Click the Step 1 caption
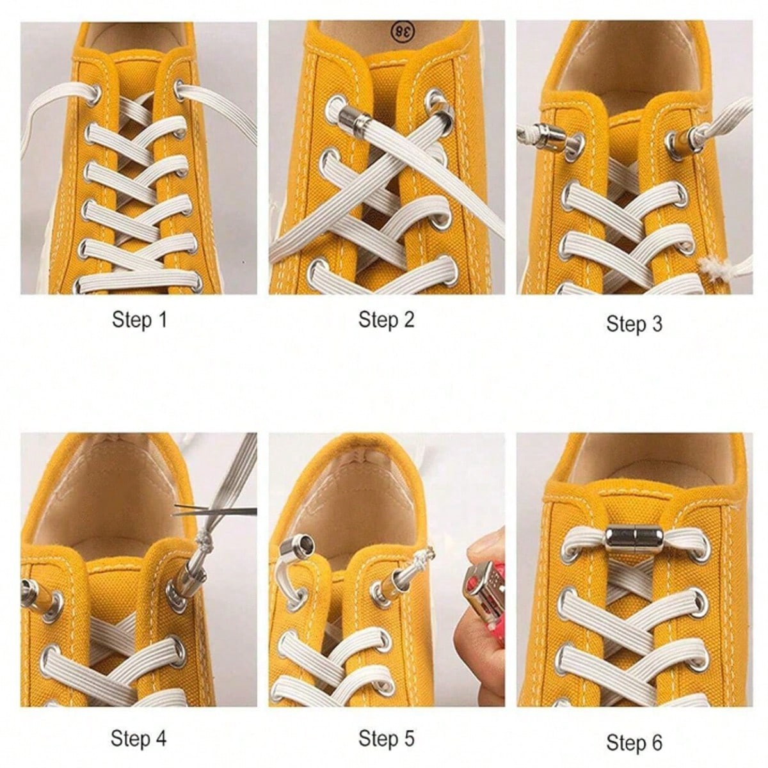point(139,319)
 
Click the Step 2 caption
point(386,319)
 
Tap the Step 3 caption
point(634,324)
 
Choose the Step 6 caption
point(634,742)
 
